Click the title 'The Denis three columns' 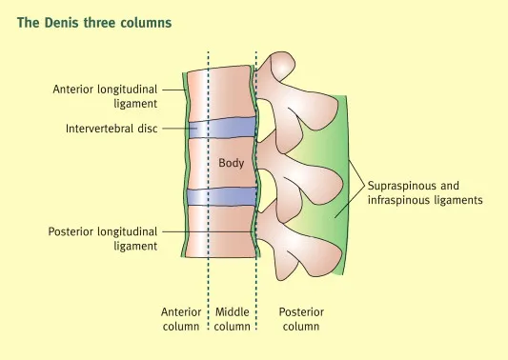click(x=94, y=21)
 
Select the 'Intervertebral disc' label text click(x=112, y=129)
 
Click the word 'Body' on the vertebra click(x=232, y=163)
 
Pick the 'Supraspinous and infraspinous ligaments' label click(x=426, y=193)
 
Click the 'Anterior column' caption click(x=181, y=319)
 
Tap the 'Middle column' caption click(x=233, y=319)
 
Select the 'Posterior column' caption click(x=299, y=319)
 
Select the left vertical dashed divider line click(x=209, y=276)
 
